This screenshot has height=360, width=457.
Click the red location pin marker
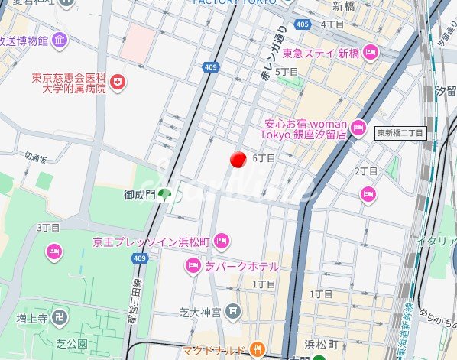point(238,158)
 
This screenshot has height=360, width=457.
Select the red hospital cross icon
point(117,82)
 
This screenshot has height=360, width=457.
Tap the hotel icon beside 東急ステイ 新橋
point(371,53)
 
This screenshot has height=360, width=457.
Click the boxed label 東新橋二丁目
point(400,132)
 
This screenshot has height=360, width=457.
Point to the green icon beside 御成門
point(165,195)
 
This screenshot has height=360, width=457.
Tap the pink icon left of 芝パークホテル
point(193,266)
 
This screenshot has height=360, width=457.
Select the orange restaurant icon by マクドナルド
point(257,350)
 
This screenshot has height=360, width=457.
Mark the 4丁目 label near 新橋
point(332,24)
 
